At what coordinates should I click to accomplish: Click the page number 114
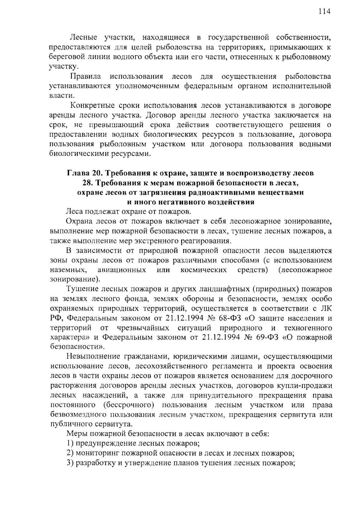pyautogui.click(x=324, y=12)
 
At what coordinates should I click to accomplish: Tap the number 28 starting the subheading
pyautogui.click(x=87, y=183)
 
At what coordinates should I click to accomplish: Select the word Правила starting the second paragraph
pyautogui.click(x=85, y=76)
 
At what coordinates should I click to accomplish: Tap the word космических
pyautogui.click(x=204, y=270)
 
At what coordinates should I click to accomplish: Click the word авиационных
pyautogui.click(x=122, y=270)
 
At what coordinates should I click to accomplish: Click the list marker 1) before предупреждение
pyautogui.click(x=70, y=443)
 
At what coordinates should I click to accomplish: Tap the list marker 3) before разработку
pyautogui.click(x=70, y=463)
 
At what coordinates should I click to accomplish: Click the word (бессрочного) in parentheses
pyautogui.click(x=129, y=405)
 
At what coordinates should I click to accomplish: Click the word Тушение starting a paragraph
pyautogui.click(x=82, y=289)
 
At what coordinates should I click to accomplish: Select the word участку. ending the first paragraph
pyautogui.click(x=64, y=67)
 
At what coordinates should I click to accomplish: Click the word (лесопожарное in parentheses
pyautogui.click(x=305, y=270)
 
